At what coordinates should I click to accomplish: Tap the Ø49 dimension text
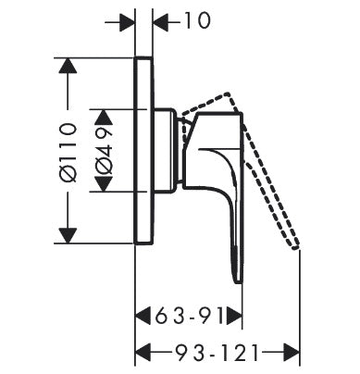click(x=104, y=150)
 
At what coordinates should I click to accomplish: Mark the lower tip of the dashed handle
click(x=295, y=246)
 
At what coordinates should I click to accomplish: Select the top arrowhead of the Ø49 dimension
click(x=103, y=116)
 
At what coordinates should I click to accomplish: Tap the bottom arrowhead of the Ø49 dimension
click(x=103, y=184)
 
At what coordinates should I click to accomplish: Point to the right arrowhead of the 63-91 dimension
click(x=235, y=317)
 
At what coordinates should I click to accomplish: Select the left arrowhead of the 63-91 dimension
click(x=143, y=317)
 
